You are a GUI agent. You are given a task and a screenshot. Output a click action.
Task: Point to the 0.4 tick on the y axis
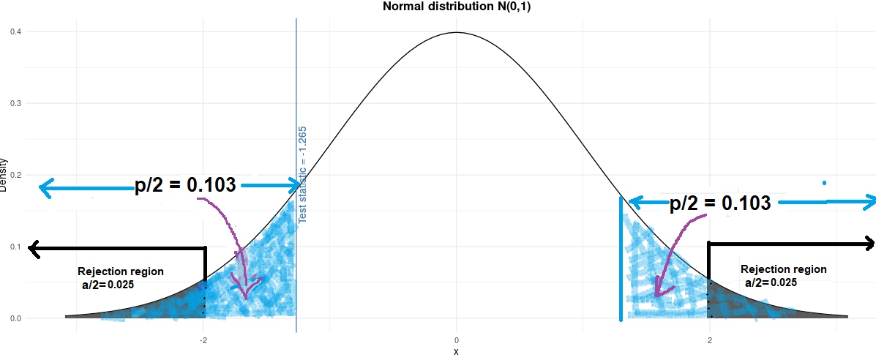click(15, 32)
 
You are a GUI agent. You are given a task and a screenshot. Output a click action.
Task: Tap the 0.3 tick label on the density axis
click(15, 104)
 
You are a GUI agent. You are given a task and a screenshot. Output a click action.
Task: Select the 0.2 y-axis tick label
click(15, 176)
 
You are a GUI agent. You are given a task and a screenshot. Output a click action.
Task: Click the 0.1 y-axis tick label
click(15, 247)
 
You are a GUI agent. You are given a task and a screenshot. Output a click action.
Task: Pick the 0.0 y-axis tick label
click(15, 319)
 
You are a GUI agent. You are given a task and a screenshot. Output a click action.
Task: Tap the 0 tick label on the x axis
click(457, 340)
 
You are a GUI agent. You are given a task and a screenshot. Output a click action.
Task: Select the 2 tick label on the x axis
click(709, 340)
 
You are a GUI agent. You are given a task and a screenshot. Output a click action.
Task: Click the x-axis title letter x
click(456, 352)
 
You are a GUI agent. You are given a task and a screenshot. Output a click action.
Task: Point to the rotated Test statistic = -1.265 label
click(302, 174)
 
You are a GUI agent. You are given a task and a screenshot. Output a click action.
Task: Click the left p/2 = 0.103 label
click(185, 185)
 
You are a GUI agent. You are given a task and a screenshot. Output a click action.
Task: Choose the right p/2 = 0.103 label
click(720, 203)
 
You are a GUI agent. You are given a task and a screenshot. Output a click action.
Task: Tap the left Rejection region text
click(121, 271)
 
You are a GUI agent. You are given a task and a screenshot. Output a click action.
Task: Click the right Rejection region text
click(783, 269)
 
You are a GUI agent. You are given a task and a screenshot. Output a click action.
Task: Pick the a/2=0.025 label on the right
click(771, 282)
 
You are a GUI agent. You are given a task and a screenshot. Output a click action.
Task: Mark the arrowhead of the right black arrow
click(868, 244)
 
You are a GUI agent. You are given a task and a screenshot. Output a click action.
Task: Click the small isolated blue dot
click(824, 182)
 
